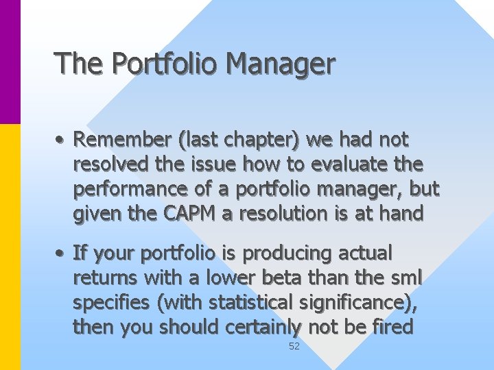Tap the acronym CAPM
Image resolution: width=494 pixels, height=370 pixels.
pos(192,214)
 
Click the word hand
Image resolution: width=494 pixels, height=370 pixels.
pos(400,214)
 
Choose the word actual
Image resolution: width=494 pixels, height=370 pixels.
pos(365,254)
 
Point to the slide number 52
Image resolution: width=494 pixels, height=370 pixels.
pos(294,347)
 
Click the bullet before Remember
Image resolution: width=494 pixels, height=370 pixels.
pos(61,140)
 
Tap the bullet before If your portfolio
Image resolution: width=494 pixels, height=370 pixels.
pos(61,254)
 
